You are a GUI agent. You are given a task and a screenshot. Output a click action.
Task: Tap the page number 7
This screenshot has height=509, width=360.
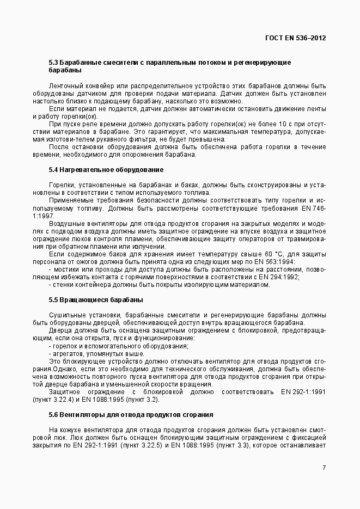[324, 468]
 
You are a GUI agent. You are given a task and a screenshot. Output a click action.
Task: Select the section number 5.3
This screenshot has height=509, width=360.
[53, 63]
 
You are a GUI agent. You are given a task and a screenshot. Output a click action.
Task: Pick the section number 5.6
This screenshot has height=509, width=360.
[53, 415]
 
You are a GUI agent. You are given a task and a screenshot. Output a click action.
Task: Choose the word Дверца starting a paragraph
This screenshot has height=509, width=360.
[60, 330]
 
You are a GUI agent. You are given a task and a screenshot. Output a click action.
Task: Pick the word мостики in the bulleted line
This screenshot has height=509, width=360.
[64, 269]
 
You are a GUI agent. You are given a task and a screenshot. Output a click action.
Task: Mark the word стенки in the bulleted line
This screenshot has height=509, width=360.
[62, 285]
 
